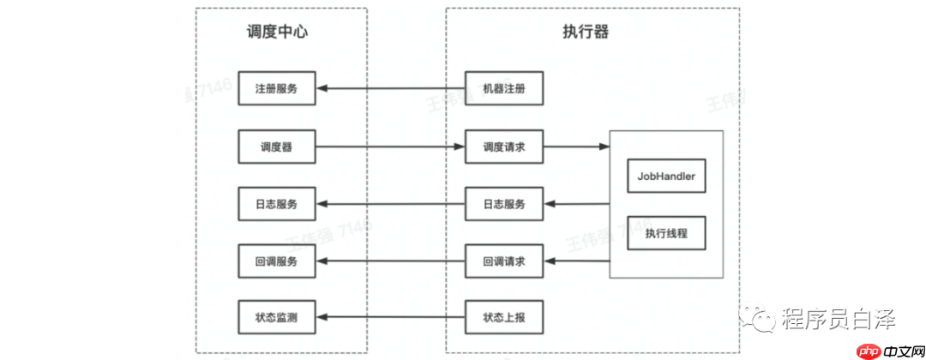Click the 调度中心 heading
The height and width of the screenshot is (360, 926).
tap(276, 33)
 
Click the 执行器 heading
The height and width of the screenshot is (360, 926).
tap(592, 33)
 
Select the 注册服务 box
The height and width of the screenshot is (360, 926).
tap(276, 89)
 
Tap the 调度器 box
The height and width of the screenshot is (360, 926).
tap(276, 147)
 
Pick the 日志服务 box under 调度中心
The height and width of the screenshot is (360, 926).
tap(276, 204)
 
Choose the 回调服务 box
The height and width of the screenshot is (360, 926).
tap(276, 261)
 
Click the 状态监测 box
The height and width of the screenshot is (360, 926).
tap(276, 318)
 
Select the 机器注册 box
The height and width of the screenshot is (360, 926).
tap(504, 89)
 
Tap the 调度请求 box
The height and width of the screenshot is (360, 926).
tap(504, 147)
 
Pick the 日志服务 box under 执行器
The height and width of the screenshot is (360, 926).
tap(504, 204)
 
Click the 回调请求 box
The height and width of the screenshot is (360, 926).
tap(504, 261)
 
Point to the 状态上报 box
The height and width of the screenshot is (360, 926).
tap(504, 318)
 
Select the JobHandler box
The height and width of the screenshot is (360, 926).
tap(666, 177)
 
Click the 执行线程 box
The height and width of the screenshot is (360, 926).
tap(666, 232)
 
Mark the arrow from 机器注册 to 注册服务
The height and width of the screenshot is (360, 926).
tap(390, 89)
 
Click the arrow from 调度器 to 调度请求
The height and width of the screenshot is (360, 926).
tap(390, 147)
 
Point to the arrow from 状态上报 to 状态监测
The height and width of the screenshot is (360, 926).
tap(390, 318)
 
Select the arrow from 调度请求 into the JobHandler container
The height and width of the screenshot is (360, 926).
tap(576, 147)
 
